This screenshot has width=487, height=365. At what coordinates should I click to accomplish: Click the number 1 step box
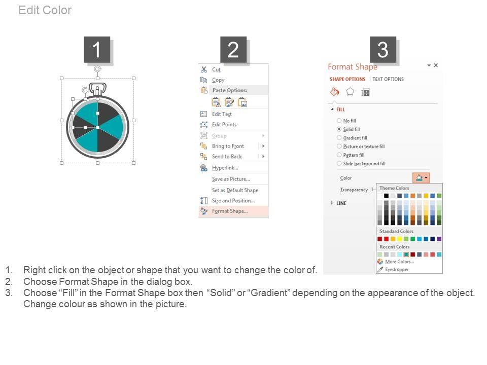pos(97,50)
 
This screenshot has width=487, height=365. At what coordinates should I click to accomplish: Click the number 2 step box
pos(233,50)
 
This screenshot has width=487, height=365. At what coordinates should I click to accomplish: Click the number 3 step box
pos(382,50)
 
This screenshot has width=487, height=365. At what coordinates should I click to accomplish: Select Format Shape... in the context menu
pos(229,211)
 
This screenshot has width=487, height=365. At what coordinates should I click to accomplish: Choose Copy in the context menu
pos(218,80)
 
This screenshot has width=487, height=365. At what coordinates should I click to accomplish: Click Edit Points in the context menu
pos(224,125)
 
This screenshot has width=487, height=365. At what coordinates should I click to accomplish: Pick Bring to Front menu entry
pos(228,146)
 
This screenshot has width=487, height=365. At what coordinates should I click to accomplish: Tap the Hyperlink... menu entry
pos(225,168)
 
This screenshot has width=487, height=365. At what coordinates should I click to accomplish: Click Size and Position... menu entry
pos(233,201)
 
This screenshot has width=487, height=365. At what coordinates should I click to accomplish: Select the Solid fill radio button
pos(339,129)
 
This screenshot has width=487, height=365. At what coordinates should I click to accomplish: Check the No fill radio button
pos(339,121)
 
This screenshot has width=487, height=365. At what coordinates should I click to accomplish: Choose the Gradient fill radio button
pos(339,137)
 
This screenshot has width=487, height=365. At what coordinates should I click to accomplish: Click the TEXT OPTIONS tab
pos(388,79)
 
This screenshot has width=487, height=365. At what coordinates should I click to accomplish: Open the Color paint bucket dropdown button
pos(421,178)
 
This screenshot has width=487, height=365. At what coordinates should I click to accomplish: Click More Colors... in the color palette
pos(399,262)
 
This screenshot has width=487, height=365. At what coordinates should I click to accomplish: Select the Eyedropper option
pos(397,269)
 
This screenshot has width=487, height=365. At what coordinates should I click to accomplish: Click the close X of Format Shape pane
pos(436,65)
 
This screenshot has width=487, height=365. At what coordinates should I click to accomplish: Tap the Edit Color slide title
pos(45,10)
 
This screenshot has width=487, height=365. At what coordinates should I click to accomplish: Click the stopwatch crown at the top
pos(97,89)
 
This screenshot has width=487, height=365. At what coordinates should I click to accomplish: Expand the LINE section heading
pos(341,203)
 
